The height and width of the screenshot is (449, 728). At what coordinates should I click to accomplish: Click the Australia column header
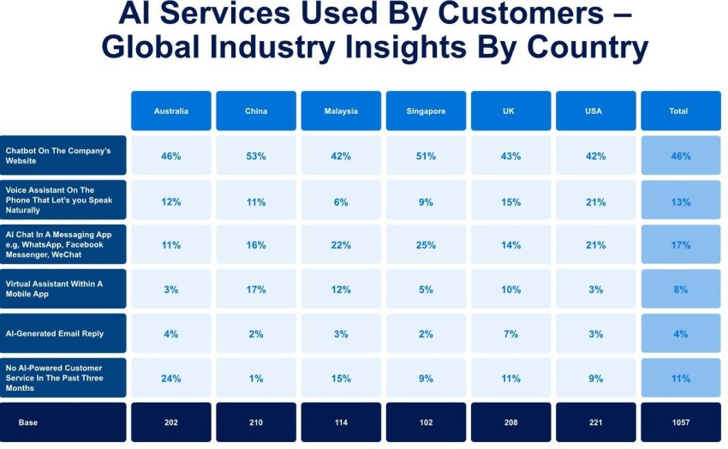pos(171,111)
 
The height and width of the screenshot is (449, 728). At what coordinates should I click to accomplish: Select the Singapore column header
pos(426,111)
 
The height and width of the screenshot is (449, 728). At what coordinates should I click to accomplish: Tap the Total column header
pos(681,111)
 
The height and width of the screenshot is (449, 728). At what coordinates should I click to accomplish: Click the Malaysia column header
pos(341,111)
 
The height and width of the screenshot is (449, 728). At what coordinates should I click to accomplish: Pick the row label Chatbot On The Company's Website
pos(64,156)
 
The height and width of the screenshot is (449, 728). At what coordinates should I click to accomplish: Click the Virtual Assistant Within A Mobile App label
pos(64,289)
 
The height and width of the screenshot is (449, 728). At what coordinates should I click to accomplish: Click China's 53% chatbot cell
pos(256,156)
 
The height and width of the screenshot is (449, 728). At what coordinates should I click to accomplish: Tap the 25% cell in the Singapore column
pos(426,245)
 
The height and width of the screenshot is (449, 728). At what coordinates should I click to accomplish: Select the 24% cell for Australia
pos(171,378)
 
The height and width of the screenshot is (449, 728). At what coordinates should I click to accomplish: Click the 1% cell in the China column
pos(256,378)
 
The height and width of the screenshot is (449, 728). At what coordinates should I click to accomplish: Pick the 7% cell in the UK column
pos(510,333)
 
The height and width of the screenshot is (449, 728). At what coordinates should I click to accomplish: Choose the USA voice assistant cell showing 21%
pos(595,201)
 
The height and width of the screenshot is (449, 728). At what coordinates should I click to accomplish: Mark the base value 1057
pos(681,422)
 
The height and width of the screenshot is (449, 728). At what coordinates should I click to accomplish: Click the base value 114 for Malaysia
pos(341,422)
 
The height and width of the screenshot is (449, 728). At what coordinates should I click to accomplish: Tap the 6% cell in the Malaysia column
pos(341,201)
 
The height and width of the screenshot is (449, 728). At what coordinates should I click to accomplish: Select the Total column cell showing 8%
pos(681,290)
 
